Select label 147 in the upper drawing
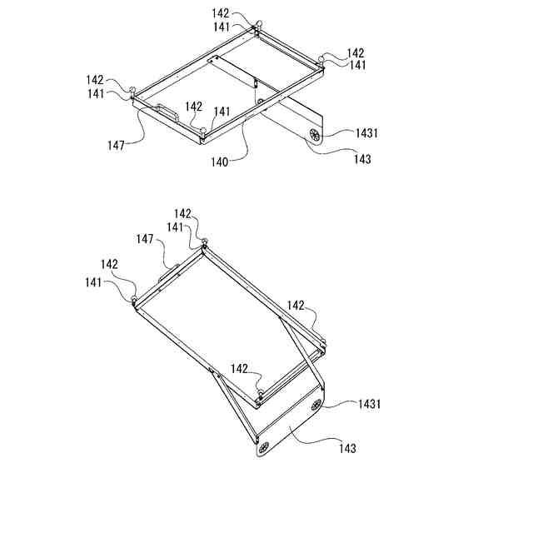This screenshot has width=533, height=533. tap(115, 145)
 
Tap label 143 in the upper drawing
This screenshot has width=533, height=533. tap(362, 158)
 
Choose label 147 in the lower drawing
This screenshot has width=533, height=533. tap(146, 239)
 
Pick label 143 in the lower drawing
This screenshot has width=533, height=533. tap(347, 448)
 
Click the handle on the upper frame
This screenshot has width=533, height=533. tap(164, 112)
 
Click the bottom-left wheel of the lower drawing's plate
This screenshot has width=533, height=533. tap(265, 446)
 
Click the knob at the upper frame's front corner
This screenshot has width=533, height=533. tap(202, 131)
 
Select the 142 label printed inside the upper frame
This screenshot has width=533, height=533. tap(193, 107)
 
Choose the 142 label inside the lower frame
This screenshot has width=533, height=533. tap(240, 368)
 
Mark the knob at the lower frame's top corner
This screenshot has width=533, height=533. tap(204, 242)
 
